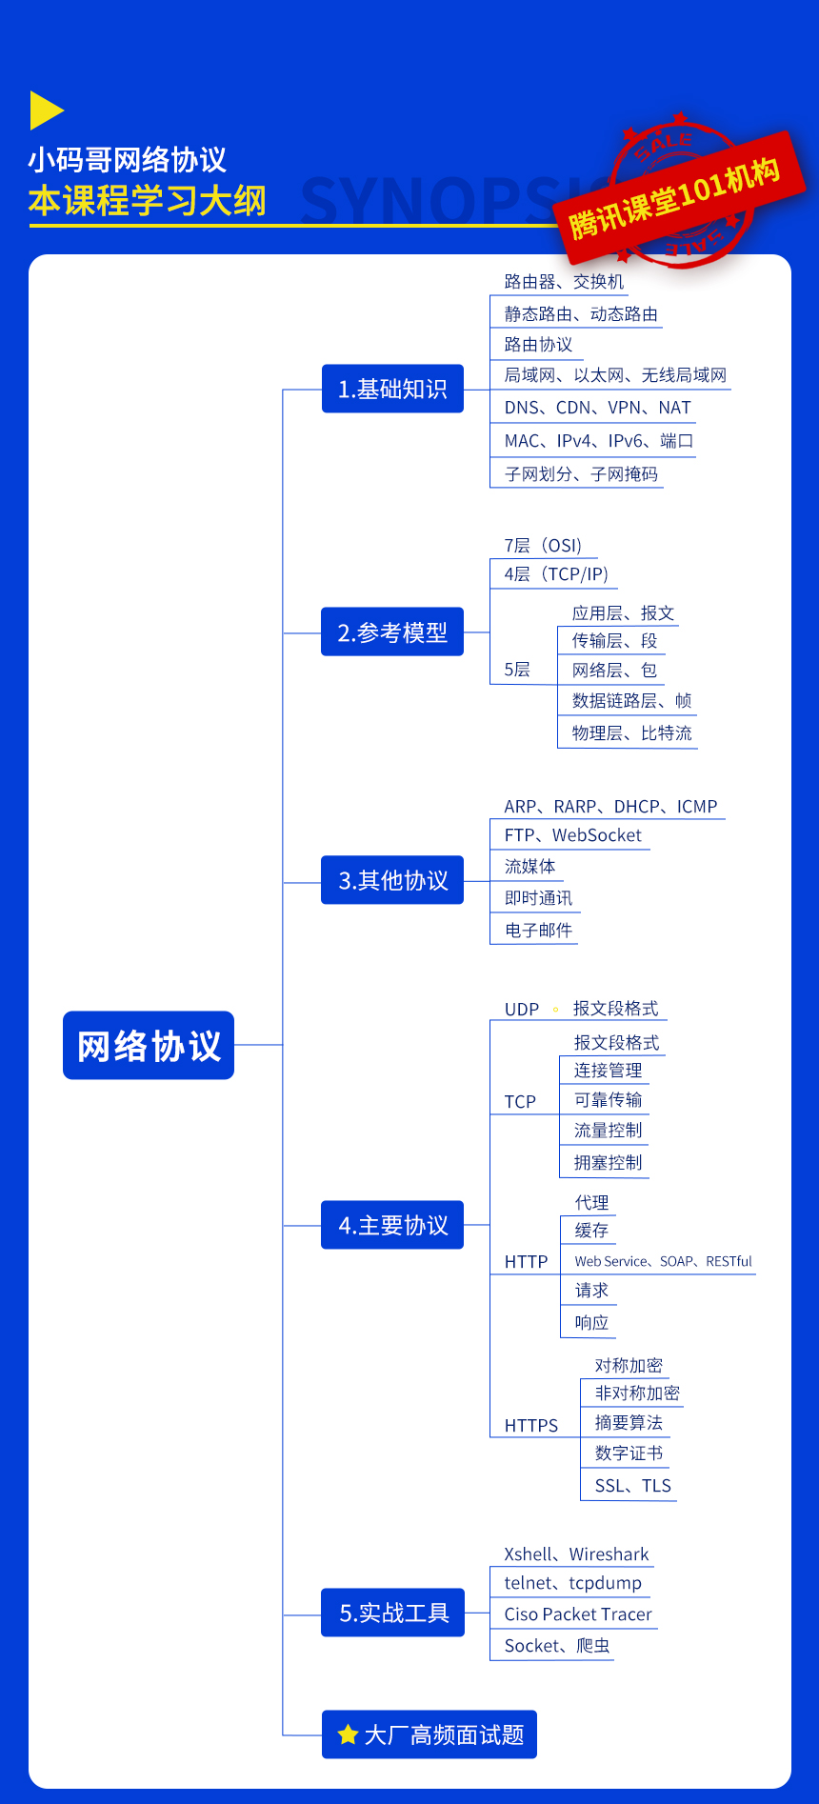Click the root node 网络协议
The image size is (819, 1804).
tap(149, 1045)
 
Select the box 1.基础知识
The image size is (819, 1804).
tap(392, 389)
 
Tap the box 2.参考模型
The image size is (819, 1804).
tap(392, 631)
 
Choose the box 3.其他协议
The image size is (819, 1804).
tap(392, 880)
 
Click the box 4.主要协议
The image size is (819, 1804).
tap(392, 1225)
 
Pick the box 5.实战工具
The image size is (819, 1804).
tap(392, 1613)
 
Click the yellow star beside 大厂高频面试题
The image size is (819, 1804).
tap(349, 1734)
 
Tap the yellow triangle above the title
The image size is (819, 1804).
tap(46, 110)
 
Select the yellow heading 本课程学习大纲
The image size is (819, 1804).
tap(148, 201)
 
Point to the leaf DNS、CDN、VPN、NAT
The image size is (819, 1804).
tap(598, 408)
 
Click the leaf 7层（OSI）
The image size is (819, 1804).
tap(543, 546)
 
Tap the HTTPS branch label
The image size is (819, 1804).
tap(531, 1426)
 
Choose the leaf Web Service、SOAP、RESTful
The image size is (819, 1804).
tap(664, 1261)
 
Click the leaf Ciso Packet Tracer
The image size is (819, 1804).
tap(578, 1614)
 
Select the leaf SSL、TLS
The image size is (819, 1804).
tap(633, 1486)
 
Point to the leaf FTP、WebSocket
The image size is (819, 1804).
tap(573, 835)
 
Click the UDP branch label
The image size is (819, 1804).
tap(522, 1010)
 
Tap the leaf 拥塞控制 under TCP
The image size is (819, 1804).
tap(609, 1163)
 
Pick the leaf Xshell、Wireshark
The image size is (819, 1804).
tap(577, 1554)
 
